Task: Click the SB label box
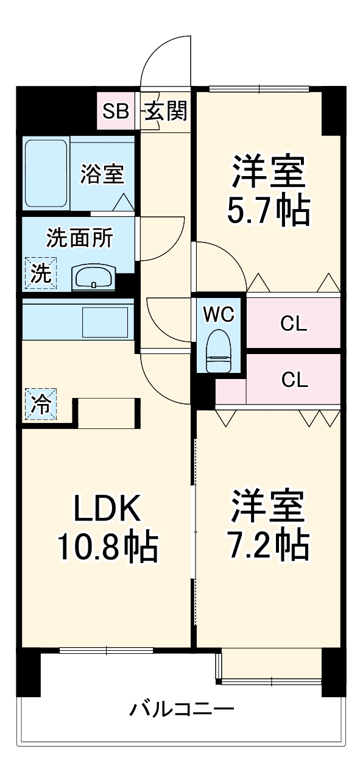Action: pyautogui.click(x=115, y=112)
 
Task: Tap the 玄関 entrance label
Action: pyautogui.click(x=165, y=112)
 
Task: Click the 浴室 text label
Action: pyautogui.click(x=102, y=174)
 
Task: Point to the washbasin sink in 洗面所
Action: pyautogui.click(x=92, y=279)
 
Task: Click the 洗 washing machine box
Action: pyautogui.click(x=40, y=273)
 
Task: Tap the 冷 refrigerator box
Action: pyautogui.click(x=40, y=404)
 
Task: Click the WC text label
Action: pyautogui.click(x=217, y=314)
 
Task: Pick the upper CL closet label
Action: pyautogui.click(x=294, y=324)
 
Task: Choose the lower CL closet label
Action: pyautogui.click(x=294, y=380)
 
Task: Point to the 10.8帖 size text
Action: pyautogui.click(x=108, y=547)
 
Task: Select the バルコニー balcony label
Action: pyautogui.click(x=182, y=709)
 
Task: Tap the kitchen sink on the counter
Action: pyautogui.click(x=105, y=321)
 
